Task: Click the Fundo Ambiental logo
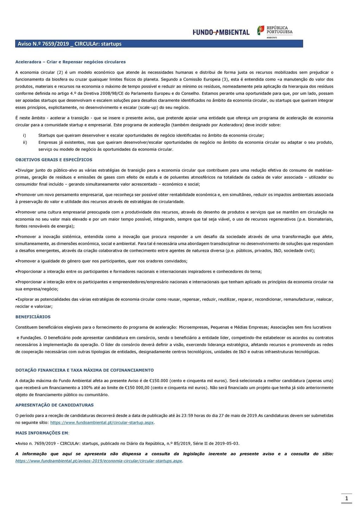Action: pos(221,32)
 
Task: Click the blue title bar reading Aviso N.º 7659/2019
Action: pos(159,44)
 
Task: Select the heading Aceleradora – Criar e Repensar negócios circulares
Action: pos(70,62)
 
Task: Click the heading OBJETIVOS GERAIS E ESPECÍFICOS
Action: pos(54,160)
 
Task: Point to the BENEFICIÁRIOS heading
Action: pos(33,317)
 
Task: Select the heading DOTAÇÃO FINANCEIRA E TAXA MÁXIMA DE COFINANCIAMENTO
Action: pos(84,370)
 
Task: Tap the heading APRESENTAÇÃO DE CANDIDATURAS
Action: pos(54,405)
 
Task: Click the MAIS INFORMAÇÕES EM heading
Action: pos(42,433)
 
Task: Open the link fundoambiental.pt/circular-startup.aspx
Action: pos(102,422)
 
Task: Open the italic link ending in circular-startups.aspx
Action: pos(99,461)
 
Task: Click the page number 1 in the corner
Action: pos(347,498)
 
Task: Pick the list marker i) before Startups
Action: pos(24,135)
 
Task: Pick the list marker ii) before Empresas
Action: pos(25,142)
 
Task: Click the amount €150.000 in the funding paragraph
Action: pos(159,381)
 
